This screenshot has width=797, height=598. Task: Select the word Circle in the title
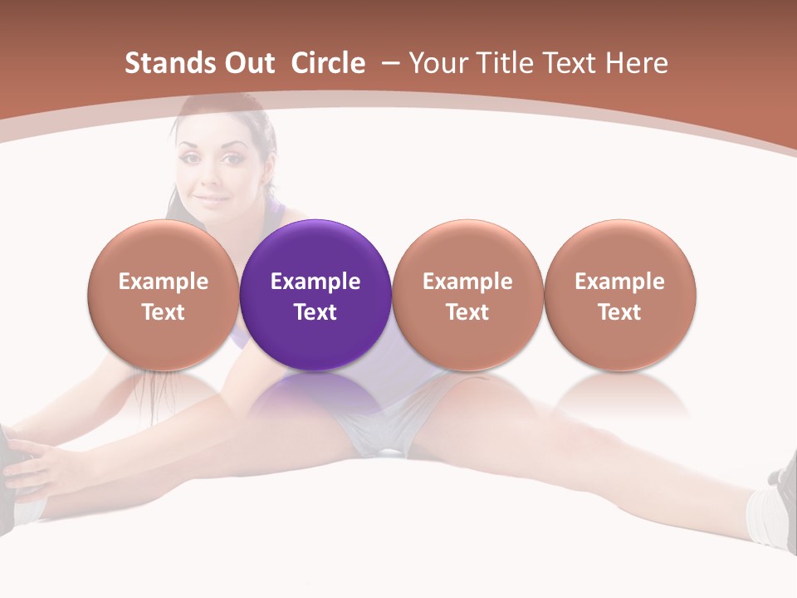[x=328, y=63]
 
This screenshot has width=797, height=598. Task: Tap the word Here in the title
[x=637, y=63]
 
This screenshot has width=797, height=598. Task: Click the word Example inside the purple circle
[x=315, y=282]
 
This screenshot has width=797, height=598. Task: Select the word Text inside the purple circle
[x=315, y=312]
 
